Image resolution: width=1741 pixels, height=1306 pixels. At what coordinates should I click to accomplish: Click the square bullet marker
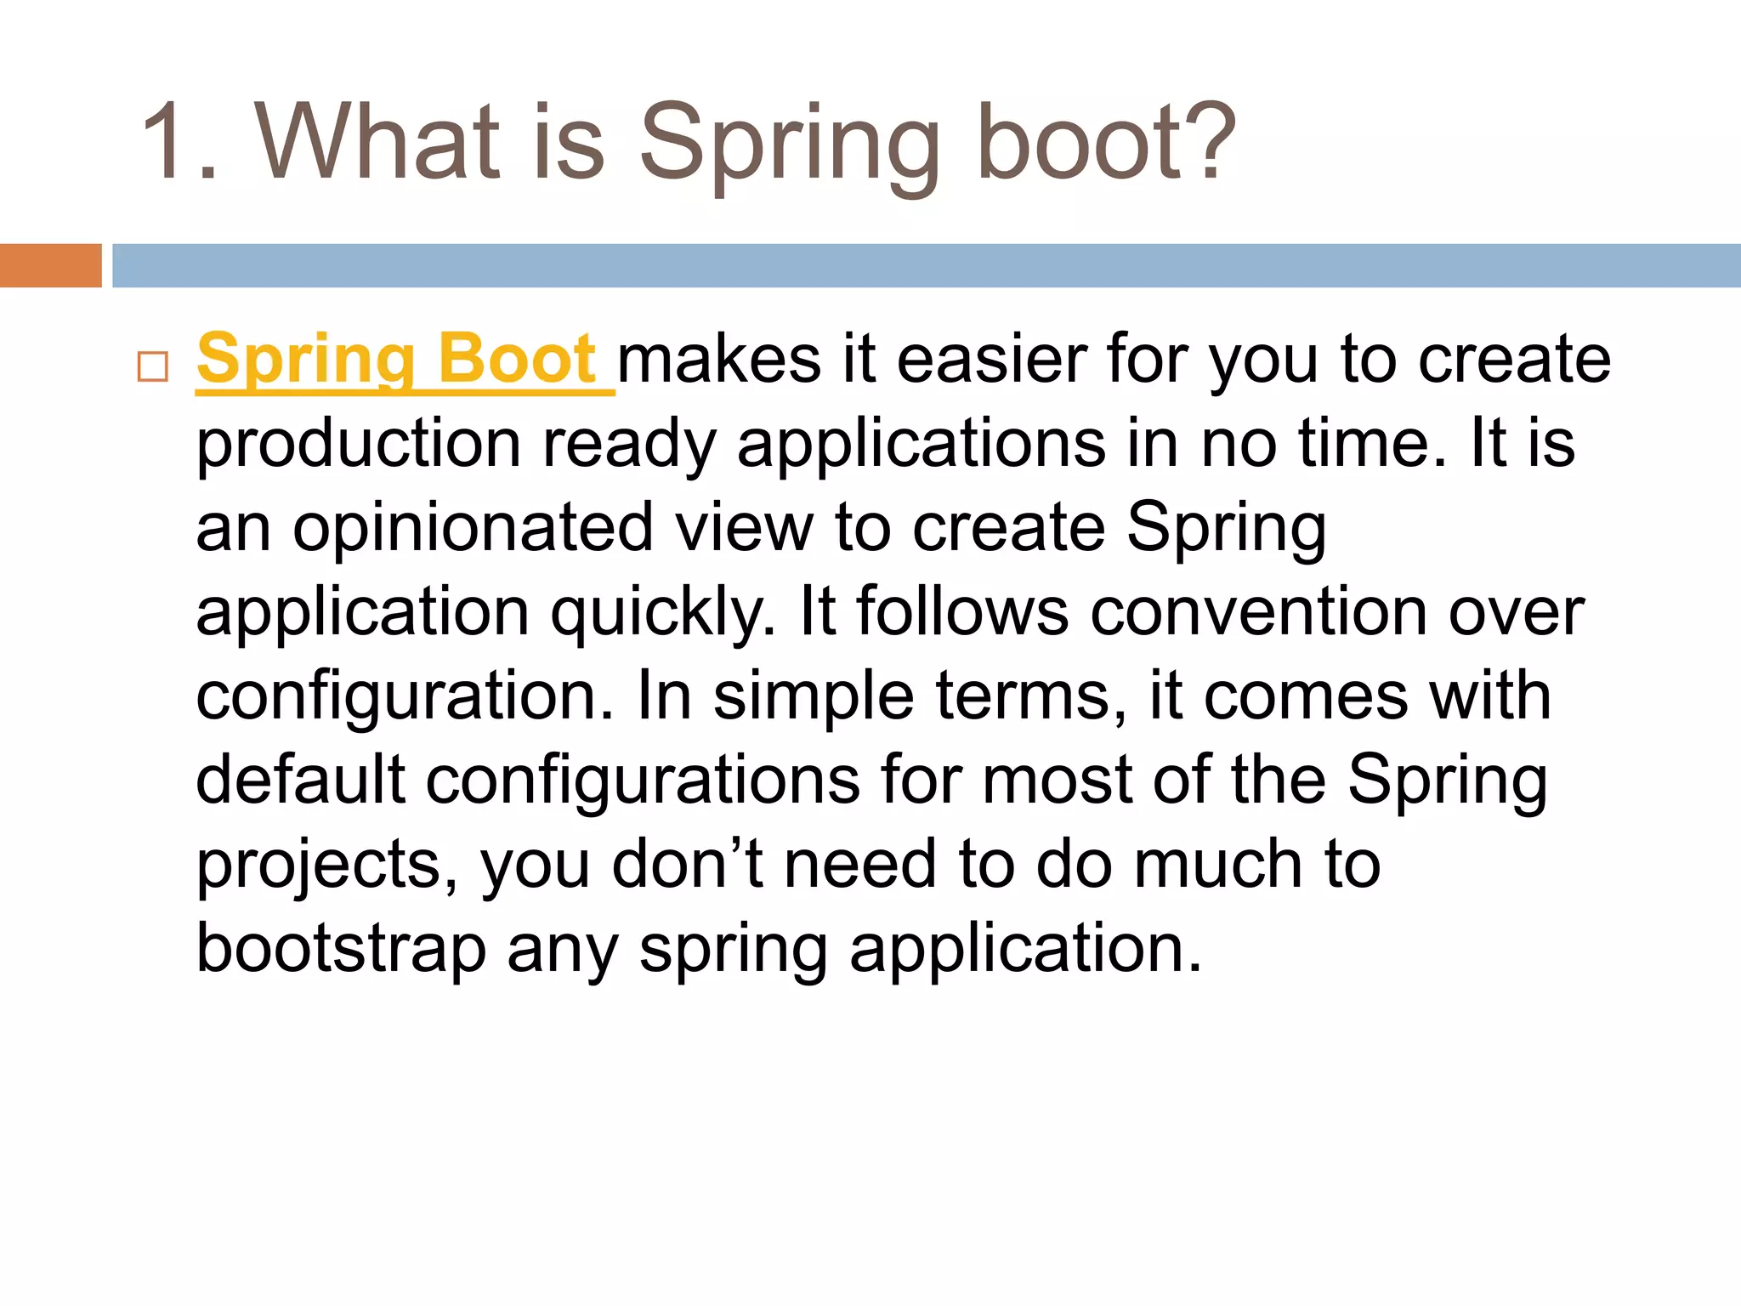point(153,367)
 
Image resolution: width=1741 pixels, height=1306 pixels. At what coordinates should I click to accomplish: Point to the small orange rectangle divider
point(50,265)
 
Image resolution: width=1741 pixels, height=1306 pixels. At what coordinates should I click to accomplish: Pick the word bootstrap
point(341,949)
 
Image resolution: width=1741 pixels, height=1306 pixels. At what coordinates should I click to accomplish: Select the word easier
point(992,360)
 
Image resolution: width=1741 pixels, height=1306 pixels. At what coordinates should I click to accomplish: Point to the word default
point(300,780)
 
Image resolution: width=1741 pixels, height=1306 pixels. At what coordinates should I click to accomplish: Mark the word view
point(744,528)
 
